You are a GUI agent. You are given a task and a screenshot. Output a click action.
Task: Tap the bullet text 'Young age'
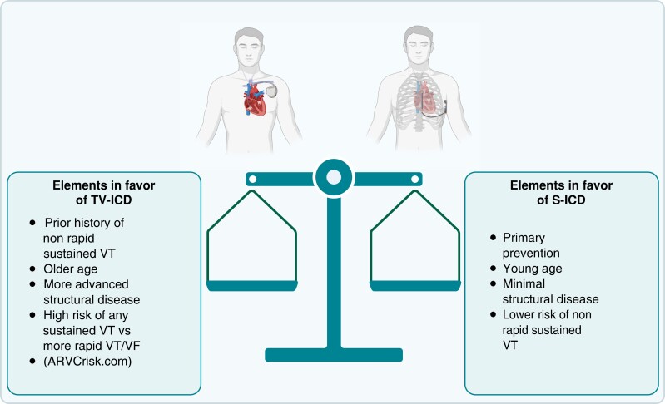pos(532,269)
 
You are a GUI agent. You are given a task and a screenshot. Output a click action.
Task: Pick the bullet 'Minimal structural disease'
pos(538,291)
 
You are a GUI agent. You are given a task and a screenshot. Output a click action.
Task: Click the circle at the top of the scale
pos(333,176)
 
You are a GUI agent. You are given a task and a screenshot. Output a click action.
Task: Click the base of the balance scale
pos(333,355)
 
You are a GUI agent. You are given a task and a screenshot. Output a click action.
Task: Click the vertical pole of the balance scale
pos(333,266)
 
